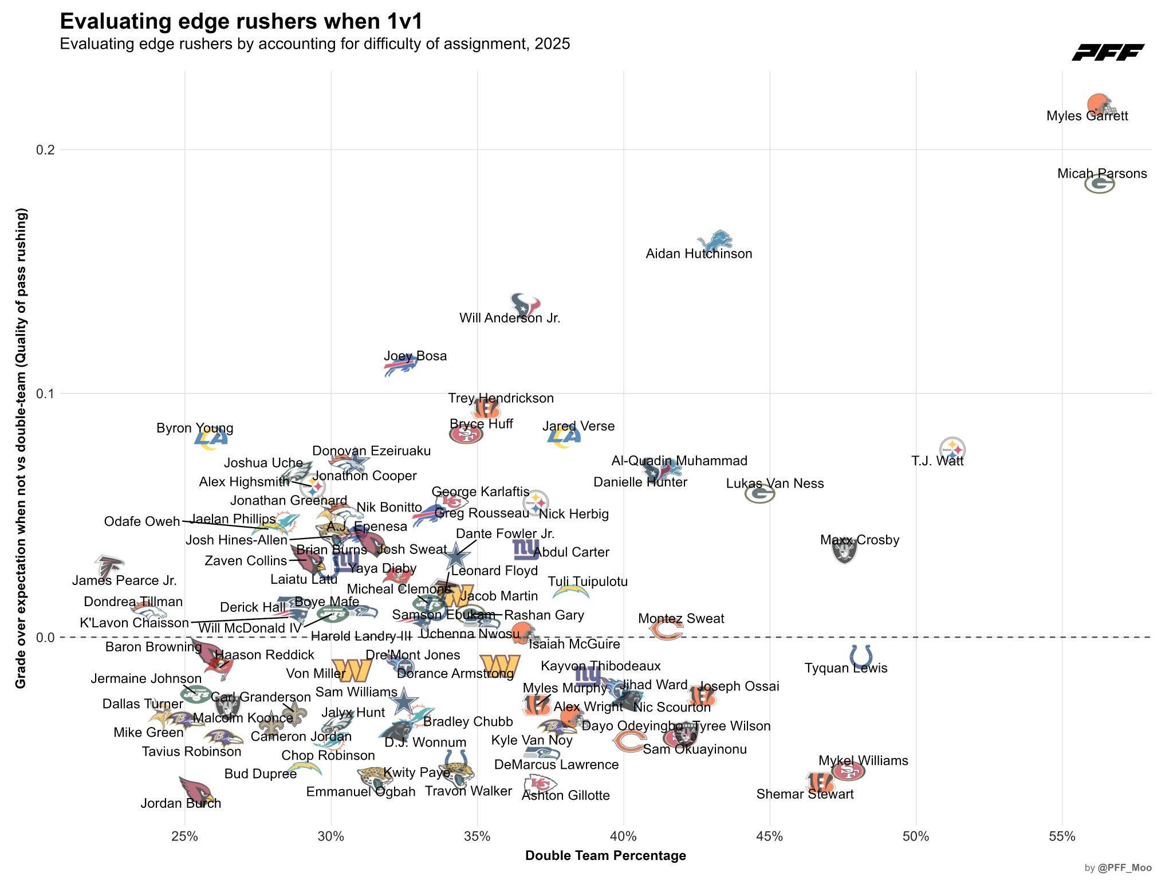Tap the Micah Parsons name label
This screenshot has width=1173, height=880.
1102,174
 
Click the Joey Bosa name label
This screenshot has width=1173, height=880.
415,356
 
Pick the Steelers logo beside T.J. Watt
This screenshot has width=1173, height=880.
952,449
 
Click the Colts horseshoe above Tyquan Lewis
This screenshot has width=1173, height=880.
861,655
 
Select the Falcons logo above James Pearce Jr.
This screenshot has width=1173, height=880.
109,566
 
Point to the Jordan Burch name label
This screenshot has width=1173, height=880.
181,803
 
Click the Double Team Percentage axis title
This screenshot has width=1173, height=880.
605,856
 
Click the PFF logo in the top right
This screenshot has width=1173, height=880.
1108,52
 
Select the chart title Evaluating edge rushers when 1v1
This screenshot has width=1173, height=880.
241,22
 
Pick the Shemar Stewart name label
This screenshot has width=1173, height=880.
805,794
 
